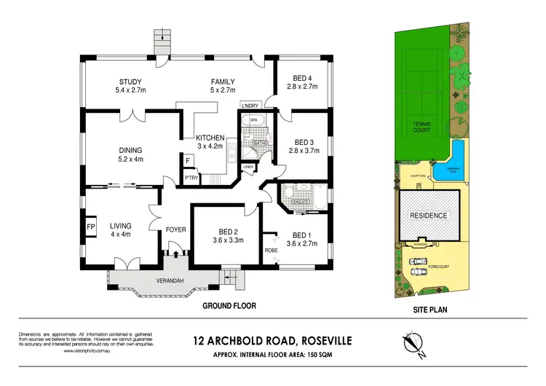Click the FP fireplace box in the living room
tap(92, 226)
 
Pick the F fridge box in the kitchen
tap(187, 160)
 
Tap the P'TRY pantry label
tap(191, 177)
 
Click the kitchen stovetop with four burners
tap(215, 178)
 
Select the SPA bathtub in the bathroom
tap(255, 122)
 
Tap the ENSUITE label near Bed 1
tap(301, 202)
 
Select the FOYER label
tap(176, 230)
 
